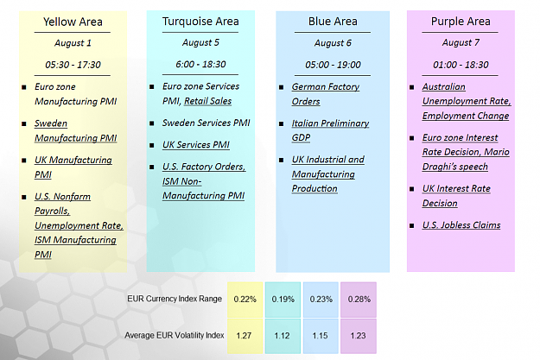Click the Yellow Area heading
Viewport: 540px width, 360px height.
(73, 22)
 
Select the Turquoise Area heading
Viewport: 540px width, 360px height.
(200, 22)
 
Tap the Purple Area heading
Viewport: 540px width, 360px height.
(461, 22)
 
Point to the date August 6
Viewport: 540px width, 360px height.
(333, 43)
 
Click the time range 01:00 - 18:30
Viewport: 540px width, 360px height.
(461, 65)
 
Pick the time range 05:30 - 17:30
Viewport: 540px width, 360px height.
(73, 65)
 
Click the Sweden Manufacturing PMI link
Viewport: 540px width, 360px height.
(75, 130)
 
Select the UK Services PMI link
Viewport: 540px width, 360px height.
(196, 145)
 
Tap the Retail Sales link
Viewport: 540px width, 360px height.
(207, 101)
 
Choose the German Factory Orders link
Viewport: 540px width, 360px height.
(326, 94)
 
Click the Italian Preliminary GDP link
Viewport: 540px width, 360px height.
(330, 130)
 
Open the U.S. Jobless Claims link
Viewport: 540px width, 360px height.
(461, 225)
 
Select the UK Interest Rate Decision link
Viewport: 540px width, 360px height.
(456, 196)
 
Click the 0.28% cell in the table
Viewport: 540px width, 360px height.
(359, 300)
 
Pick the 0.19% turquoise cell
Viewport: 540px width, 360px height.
(283, 300)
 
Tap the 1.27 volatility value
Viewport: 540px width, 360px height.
(245, 336)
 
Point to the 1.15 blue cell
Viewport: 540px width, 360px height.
(321, 336)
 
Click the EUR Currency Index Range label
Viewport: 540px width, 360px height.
(175, 299)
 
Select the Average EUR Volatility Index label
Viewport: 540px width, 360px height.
(175, 335)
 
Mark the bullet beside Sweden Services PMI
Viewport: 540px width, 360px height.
(151, 123)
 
